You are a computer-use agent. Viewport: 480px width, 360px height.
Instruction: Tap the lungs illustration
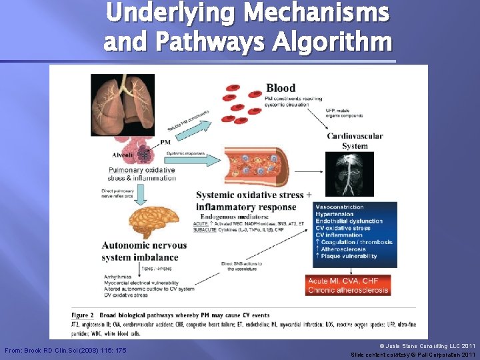click(123, 103)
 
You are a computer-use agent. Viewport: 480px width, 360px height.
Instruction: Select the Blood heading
click(281, 87)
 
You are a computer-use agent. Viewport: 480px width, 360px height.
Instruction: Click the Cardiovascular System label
click(355, 141)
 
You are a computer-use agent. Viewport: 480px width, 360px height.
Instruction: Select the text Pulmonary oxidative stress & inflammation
click(141, 173)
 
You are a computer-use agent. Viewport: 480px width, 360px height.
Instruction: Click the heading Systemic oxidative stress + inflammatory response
click(253, 199)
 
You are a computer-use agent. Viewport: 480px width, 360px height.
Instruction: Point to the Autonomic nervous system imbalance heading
click(144, 251)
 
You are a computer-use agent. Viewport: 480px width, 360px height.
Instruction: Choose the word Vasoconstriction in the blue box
click(339, 207)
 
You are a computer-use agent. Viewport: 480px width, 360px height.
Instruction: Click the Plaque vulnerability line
click(349, 256)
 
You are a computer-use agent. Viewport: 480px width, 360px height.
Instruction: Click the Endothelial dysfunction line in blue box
click(349, 221)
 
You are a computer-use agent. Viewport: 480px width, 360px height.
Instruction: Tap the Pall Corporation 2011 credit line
click(413, 355)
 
